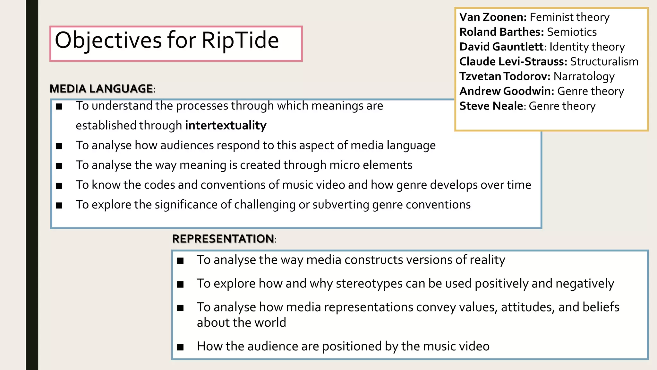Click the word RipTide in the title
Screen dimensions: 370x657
coord(240,40)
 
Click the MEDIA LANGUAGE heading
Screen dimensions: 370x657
coord(101,89)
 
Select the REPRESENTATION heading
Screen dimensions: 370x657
coord(223,239)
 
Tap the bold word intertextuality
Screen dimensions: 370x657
coord(226,125)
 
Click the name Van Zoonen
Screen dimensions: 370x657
coord(493,17)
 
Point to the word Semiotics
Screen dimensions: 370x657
coord(572,32)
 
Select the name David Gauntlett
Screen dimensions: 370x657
coord(501,47)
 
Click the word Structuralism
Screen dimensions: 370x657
coord(604,61)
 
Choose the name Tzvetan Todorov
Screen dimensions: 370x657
coord(505,76)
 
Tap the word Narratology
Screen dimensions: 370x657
coord(584,76)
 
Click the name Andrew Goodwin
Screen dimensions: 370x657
coord(507,91)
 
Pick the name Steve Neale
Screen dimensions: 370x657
coord(491,106)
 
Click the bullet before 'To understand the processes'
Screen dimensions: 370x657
coord(59,107)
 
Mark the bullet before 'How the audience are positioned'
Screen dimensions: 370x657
coord(180,347)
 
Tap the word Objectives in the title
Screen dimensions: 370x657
coord(108,40)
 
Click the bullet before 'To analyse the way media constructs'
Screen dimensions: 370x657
coord(180,260)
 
